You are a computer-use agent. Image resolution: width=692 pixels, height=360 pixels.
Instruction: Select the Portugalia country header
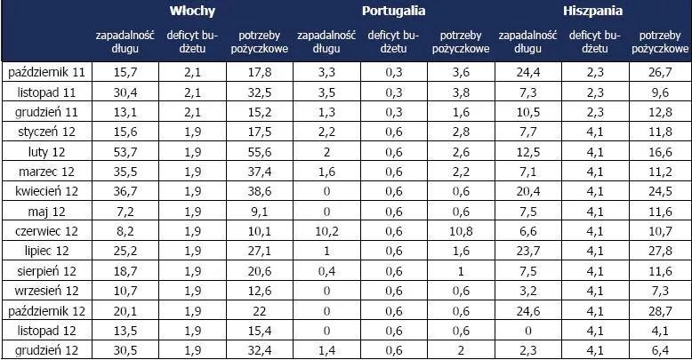[x=393, y=12]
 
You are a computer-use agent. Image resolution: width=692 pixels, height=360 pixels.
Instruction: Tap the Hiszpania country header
[x=591, y=12]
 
